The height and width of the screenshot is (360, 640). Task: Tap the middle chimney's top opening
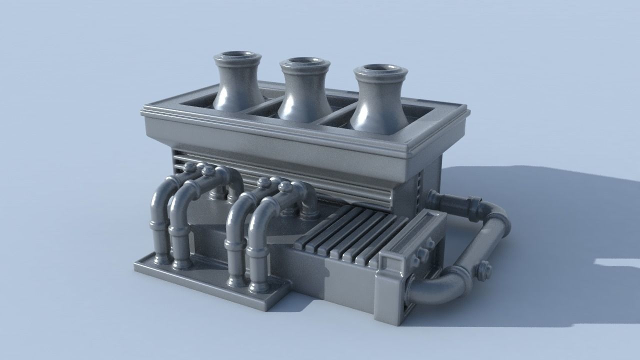click(304, 62)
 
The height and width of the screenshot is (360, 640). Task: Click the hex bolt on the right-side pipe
click(484, 270)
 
